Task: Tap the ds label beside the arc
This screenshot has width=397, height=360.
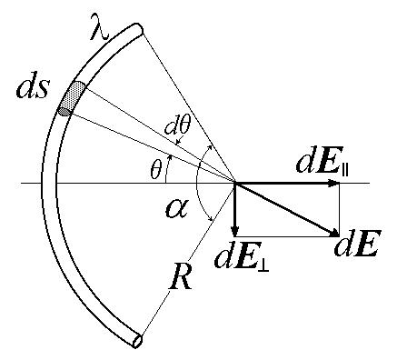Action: (x=32, y=88)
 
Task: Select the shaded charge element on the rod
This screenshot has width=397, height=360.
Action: (x=73, y=98)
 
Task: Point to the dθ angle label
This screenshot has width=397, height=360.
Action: (x=178, y=128)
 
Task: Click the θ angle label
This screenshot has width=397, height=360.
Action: (x=156, y=172)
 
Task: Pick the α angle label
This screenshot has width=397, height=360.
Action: (x=177, y=209)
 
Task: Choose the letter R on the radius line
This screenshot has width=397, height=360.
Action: (x=182, y=277)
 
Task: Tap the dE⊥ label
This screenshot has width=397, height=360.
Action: (x=243, y=257)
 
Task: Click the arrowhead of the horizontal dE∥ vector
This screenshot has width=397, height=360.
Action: (x=332, y=183)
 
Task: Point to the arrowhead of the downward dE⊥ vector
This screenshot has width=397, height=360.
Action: (x=234, y=231)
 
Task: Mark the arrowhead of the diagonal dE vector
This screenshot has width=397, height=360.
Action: (x=333, y=233)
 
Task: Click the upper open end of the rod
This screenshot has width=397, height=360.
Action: (x=138, y=30)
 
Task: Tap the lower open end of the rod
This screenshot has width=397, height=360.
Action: (x=138, y=341)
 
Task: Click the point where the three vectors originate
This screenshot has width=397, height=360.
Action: (x=235, y=183)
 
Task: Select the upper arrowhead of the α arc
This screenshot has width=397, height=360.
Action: (x=210, y=147)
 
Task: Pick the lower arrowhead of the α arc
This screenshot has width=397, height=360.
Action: (x=210, y=218)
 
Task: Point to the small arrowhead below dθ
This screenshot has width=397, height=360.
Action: (x=180, y=141)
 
